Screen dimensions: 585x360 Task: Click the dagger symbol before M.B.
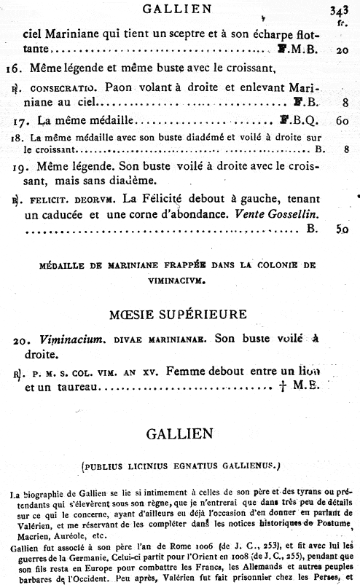(x=281, y=388)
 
